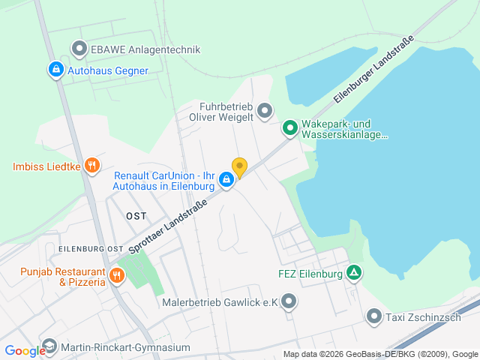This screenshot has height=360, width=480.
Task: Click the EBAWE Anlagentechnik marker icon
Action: pos(79,50)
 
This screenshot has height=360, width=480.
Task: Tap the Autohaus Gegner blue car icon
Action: pos(56,70)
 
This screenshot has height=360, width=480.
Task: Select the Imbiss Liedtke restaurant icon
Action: pos(92,165)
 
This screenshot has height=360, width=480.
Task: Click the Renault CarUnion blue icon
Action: pos(226,180)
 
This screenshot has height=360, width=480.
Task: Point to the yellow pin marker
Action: pos(239,167)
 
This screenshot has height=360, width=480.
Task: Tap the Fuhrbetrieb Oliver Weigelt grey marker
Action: pos(264,112)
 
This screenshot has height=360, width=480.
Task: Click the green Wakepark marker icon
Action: pos(289,129)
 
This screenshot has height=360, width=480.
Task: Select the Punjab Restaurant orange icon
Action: pos(116,276)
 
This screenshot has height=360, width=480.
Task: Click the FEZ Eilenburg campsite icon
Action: pos(354,274)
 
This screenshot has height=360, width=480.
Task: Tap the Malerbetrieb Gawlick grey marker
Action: pos(289,302)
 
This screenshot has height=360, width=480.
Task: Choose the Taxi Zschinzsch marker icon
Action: pos(374,317)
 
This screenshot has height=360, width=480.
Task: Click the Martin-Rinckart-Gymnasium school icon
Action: pos(49,347)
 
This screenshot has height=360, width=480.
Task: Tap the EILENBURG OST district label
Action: pos(90,248)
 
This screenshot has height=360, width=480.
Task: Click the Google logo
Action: pos(24,350)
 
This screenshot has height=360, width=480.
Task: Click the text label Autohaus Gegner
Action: pos(108,70)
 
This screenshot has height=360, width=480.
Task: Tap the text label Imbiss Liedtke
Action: pos(46,166)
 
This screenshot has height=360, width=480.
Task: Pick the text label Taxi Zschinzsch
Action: pos(422,317)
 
